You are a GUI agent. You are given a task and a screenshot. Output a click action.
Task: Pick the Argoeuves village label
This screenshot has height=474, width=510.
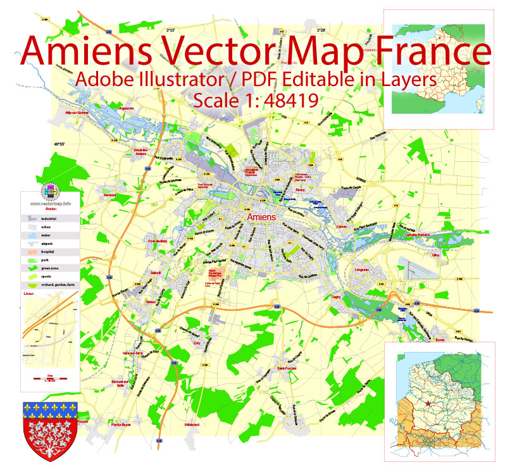point(127,108)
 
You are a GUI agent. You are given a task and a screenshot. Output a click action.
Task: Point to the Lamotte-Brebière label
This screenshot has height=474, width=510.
point(416,235)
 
